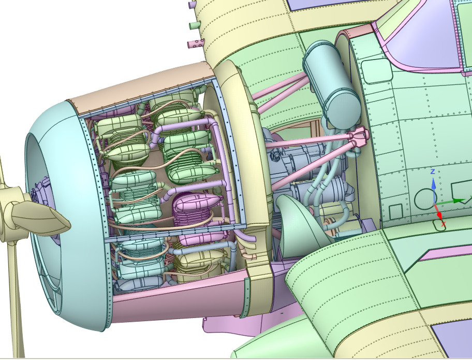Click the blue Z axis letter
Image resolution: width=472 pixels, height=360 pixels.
click(433, 171)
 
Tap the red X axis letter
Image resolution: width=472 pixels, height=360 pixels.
click(443, 224)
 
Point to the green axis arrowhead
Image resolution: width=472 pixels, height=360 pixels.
click(458, 200)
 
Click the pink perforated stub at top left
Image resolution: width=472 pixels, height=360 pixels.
click(196, 44)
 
